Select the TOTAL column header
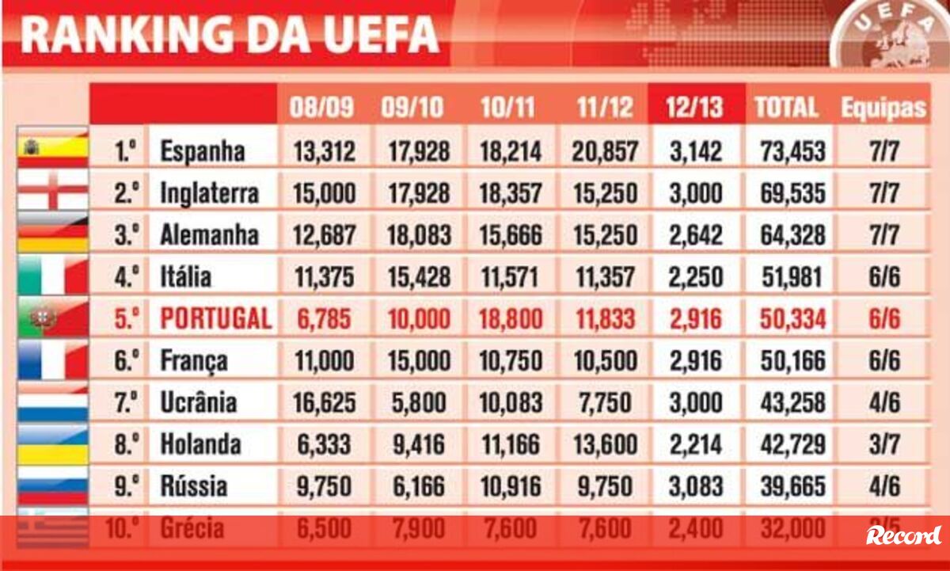click(786, 108)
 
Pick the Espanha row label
click(202, 150)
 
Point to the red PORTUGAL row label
click(215, 318)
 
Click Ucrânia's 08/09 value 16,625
click(325, 402)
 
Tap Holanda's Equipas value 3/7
click(883, 444)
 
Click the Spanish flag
click(52, 149)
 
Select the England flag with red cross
click(52, 191)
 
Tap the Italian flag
click(52, 276)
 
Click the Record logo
click(903, 535)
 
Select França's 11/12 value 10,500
click(604, 360)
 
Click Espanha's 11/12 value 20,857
click(604, 150)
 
